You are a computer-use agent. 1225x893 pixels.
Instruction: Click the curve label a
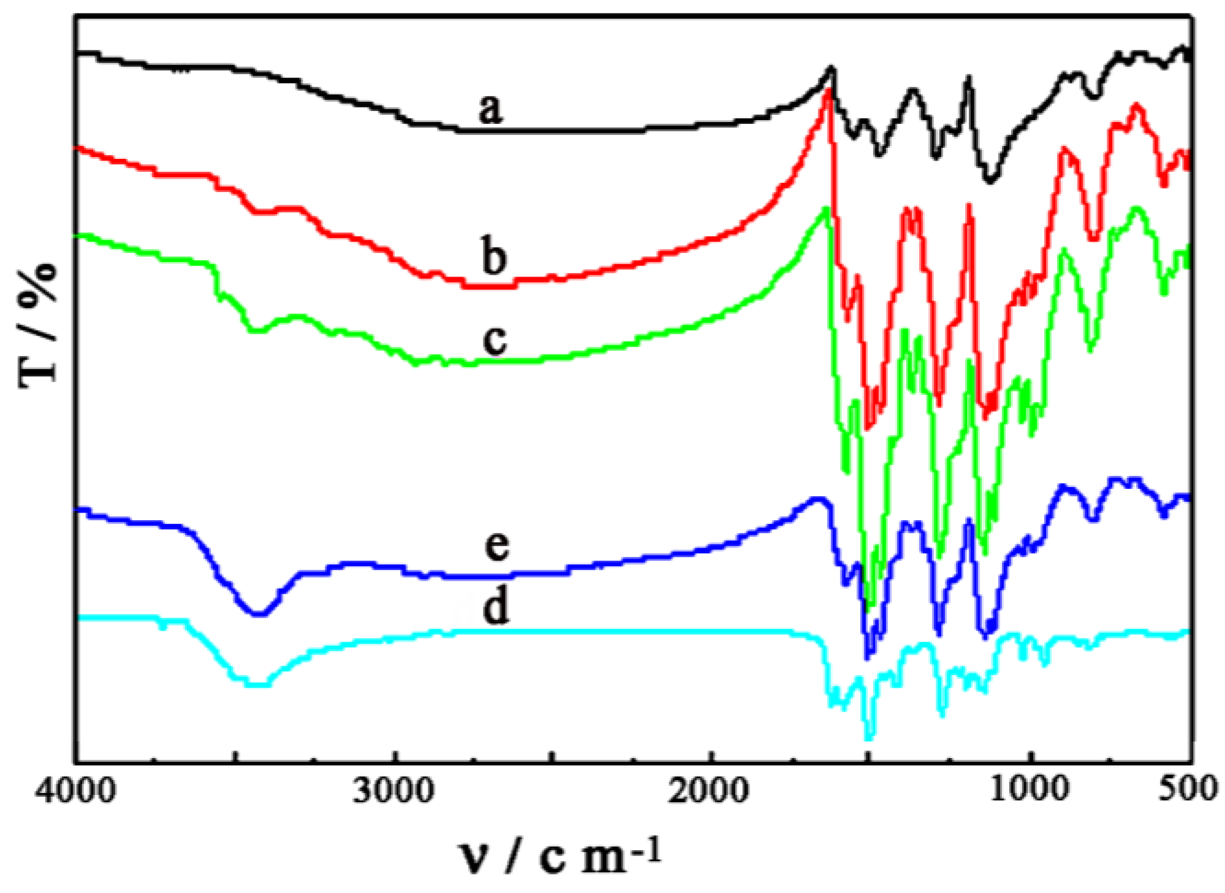point(491,110)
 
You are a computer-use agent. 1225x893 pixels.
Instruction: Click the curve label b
point(494,257)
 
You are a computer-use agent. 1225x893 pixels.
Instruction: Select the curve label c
point(494,339)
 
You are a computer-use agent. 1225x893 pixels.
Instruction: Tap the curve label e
point(497,545)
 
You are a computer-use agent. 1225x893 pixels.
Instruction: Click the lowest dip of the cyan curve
point(869,738)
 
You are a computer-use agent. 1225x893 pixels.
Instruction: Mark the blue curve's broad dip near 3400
point(259,613)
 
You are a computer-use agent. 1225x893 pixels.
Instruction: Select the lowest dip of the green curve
point(869,608)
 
